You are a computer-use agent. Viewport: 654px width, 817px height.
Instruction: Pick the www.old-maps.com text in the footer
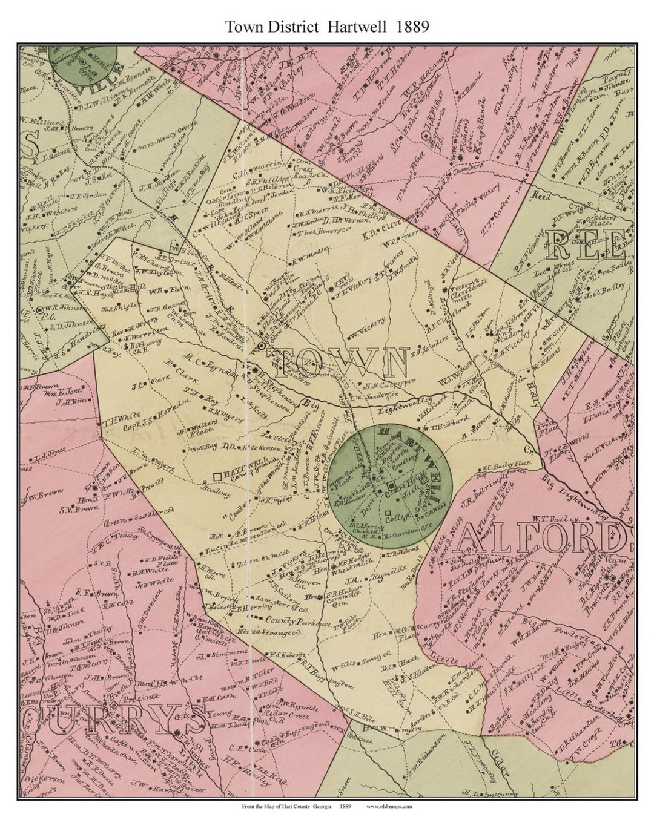point(389,806)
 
